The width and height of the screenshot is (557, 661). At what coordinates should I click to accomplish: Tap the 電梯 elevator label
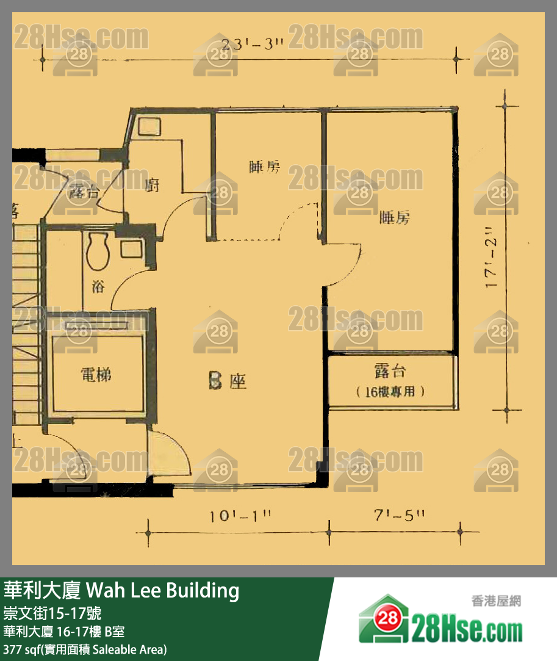pyautogui.click(x=96, y=374)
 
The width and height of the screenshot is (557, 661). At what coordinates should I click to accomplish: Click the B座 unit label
pyautogui.click(x=227, y=382)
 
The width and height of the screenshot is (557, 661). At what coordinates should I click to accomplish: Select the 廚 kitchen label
pyautogui.click(x=153, y=185)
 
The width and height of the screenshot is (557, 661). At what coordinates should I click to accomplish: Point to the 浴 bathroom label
pyautogui.click(x=98, y=286)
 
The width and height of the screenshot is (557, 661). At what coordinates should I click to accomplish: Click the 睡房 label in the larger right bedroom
pyautogui.click(x=394, y=218)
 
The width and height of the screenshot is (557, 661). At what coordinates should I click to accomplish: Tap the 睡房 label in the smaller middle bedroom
pyautogui.click(x=265, y=167)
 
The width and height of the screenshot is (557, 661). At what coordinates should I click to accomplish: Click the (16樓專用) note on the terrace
pyautogui.click(x=390, y=392)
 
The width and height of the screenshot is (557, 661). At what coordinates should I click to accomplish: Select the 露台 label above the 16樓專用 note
pyautogui.click(x=390, y=371)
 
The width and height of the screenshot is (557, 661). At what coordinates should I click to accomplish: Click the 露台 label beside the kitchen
pyautogui.click(x=84, y=191)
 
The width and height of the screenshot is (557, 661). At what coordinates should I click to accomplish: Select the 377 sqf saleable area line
pyautogui.click(x=85, y=649)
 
